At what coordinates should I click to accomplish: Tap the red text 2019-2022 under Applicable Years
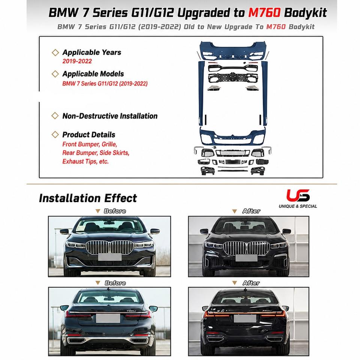(x=77, y=61)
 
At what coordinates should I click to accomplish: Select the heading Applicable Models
(x=93, y=74)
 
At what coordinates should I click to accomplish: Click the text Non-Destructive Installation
(x=110, y=116)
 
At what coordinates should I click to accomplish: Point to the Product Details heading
(x=89, y=135)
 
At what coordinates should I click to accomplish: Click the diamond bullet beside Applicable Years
(x=55, y=52)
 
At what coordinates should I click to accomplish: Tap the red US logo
(x=298, y=195)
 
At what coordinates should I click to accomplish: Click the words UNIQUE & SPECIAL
(x=298, y=206)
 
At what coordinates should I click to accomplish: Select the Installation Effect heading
(x=88, y=198)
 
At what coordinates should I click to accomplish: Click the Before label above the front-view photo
(x=115, y=211)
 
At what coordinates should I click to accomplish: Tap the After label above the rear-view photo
(x=251, y=283)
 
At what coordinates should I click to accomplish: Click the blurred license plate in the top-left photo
(x=110, y=257)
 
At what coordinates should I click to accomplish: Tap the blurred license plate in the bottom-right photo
(x=245, y=318)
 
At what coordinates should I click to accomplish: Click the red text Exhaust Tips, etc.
(x=85, y=161)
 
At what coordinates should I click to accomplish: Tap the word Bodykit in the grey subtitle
(x=301, y=27)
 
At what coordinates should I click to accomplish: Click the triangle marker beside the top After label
(x=234, y=211)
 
